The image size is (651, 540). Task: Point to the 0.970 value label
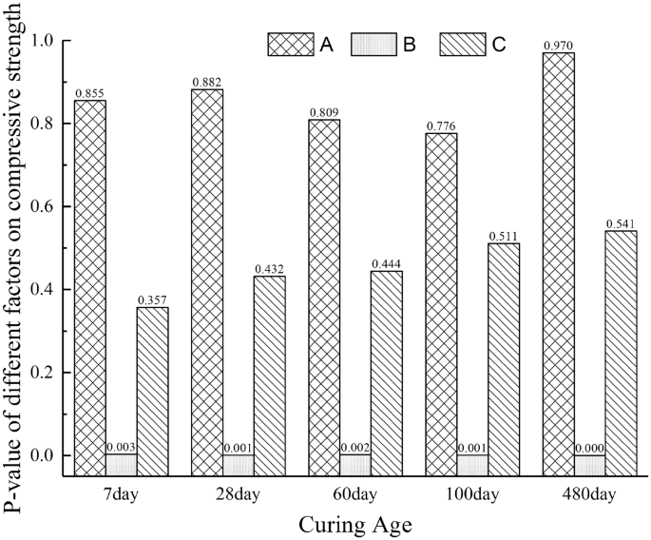(558, 45)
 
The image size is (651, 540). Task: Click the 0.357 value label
(152, 299)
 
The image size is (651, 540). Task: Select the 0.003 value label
(122, 447)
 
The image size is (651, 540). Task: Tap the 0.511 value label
(504, 236)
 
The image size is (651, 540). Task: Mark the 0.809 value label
(324, 112)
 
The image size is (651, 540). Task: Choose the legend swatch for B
(375, 45)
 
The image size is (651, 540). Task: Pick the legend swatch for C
(463, 45)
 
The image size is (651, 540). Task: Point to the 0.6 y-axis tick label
(44, 206)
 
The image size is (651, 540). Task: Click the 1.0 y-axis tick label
(44, 41)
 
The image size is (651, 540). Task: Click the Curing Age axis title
(354, 523)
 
